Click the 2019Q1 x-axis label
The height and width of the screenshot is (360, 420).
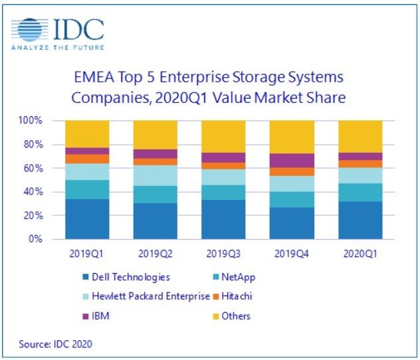87,254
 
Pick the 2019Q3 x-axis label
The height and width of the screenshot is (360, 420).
224,254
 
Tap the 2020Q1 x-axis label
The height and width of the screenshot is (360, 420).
360,254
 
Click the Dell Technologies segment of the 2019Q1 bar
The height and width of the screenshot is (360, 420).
87,219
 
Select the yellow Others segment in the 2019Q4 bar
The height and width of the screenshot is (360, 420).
292,137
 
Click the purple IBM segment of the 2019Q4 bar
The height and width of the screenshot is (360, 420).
292,160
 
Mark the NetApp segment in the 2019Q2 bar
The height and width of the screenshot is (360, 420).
156,195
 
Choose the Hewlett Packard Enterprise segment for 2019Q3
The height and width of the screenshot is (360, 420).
224,177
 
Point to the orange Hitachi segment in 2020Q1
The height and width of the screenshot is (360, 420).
360,163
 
